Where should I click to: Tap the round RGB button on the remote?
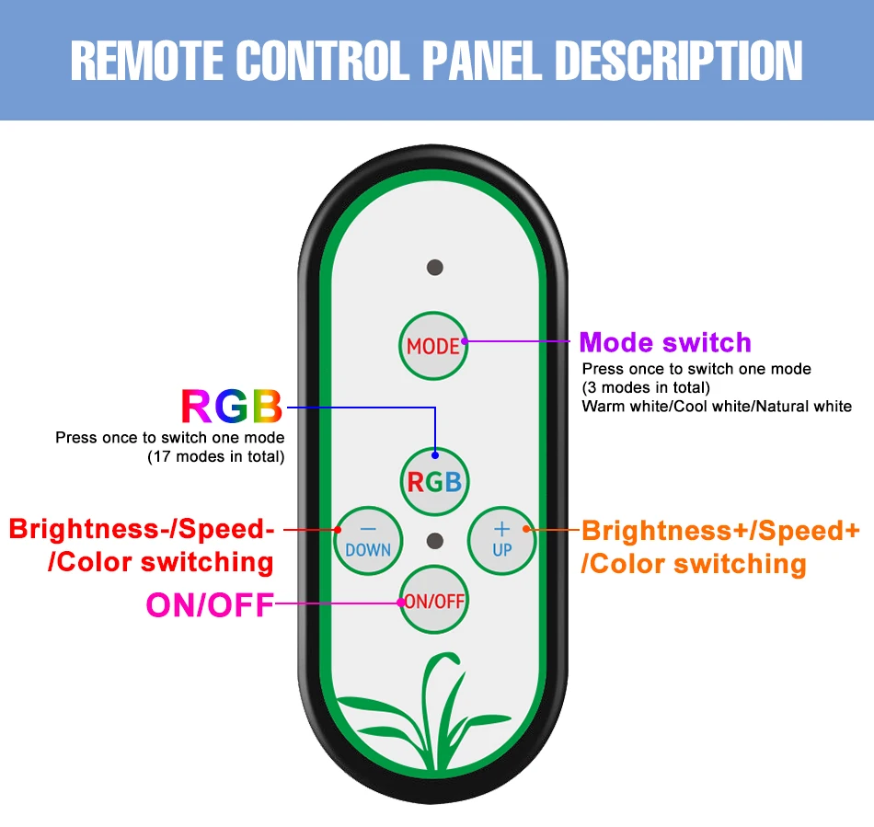[435, 481]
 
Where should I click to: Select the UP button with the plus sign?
[502, 540]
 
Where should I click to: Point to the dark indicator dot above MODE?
[435, 268]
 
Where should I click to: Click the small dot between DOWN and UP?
[435, 540]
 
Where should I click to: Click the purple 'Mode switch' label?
[665, 343]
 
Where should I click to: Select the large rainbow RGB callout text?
[231, 407]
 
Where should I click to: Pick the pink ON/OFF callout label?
[210, 604]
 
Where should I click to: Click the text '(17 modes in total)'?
[216, 456]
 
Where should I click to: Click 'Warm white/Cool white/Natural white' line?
[717, 406]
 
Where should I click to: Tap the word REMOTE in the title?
[148, 61]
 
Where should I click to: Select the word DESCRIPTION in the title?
[679, 61]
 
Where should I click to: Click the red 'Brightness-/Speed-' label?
[142, 530]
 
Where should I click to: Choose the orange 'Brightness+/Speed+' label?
[721, 531]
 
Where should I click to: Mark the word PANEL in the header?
[484, 61]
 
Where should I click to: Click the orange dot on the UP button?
[526, 529]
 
